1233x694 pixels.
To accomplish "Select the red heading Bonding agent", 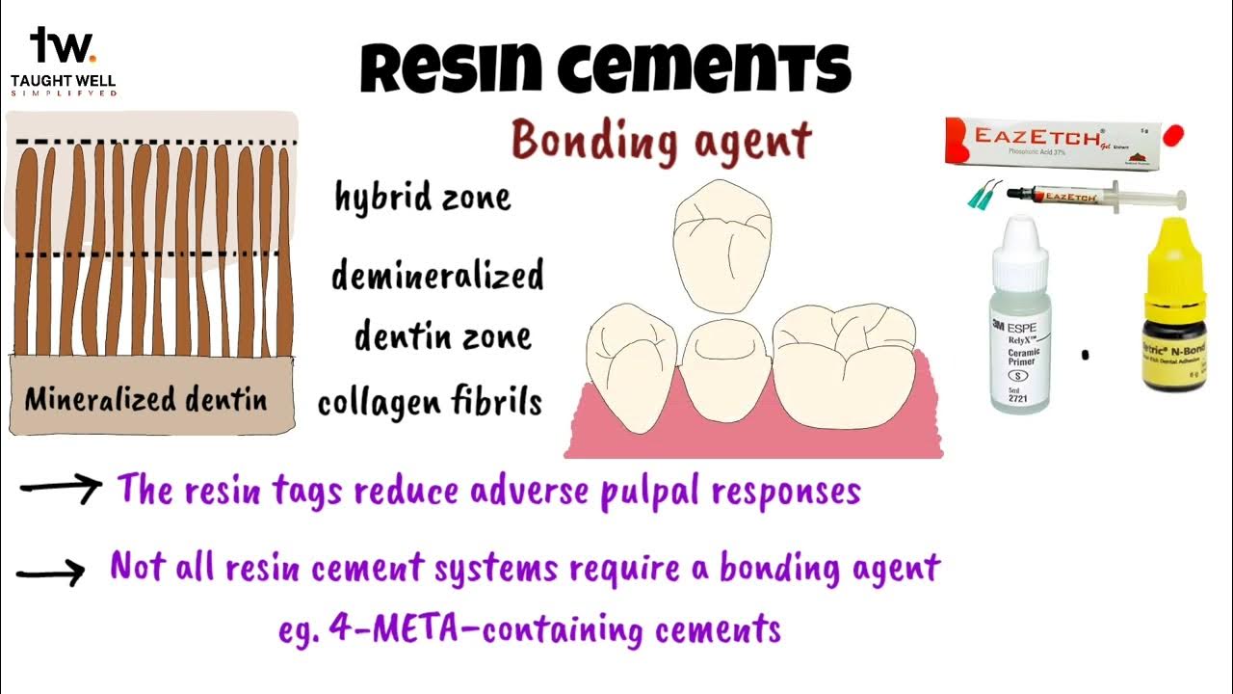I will point(661,142).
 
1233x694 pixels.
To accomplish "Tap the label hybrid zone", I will point(422,198).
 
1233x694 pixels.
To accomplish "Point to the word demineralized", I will point(437,276).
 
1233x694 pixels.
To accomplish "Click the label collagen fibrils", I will point(430,402).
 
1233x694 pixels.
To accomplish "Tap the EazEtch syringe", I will point(1093,197).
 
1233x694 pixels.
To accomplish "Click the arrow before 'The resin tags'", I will point(60,489).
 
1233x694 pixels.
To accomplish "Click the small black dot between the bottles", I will point(1086,355).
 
